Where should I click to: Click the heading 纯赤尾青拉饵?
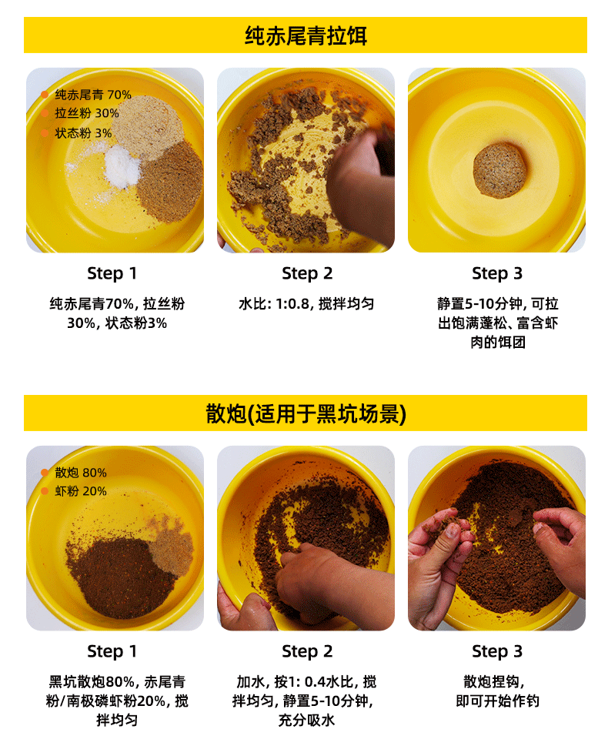pos(306,35)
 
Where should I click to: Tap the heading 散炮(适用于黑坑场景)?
pos(306,413)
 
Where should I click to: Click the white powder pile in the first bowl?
pos(122,167)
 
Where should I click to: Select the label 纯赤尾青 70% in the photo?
pos(93,95)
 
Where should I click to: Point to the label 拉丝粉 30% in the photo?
pos(87,113)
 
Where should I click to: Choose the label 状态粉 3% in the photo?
pos(83,133)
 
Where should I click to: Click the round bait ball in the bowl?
pos(499,170)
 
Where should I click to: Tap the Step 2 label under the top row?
pos(307,273)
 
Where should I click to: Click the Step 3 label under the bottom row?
pos(497,651)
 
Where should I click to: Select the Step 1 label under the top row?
pos(112,273)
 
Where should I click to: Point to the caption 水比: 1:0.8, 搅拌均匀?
pos(306,304)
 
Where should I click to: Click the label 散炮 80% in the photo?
pos(81,473)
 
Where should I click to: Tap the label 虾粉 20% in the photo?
pos(81,491)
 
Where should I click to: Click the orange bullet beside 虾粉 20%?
pos(45,491)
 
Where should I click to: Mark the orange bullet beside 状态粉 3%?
pos(45,133)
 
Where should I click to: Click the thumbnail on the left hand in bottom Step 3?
pos(452,530)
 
